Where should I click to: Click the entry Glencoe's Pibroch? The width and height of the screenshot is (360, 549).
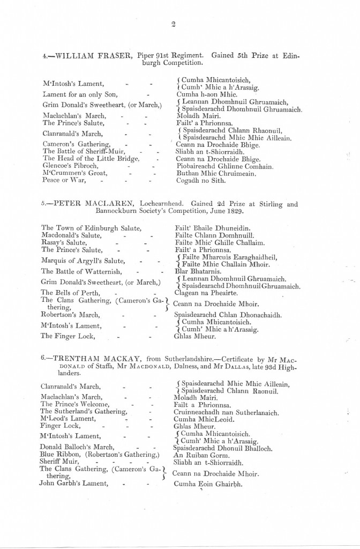coord(69,166)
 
